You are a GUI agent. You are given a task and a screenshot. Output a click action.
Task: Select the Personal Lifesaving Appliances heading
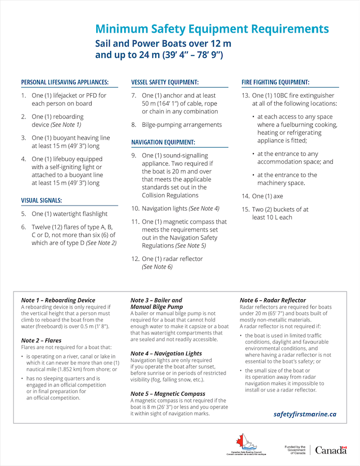[x=65, y=82]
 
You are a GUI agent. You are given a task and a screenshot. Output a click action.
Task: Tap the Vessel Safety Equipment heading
[x=165, y=82]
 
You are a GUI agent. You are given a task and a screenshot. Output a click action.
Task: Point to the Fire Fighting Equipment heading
[x=275, y=82]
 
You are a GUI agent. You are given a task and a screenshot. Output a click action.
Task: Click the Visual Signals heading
[x=42, y=200]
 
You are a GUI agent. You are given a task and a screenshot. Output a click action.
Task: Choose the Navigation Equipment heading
[x=163, y=142]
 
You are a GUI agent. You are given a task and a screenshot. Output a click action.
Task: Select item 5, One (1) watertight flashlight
[x=69, y=214]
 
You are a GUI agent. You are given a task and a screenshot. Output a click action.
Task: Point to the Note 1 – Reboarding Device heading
[x=58, y=300]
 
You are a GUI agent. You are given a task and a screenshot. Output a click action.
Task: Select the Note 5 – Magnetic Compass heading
[x=168, y=394]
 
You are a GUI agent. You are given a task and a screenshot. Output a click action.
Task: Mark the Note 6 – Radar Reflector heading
[x=273, y=300]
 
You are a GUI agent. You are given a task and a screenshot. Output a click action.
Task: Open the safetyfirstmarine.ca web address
[x=305, y=414]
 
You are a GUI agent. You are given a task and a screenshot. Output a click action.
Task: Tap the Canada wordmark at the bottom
[x=331, y=450]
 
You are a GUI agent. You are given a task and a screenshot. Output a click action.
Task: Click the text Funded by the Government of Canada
[x=295, y=450]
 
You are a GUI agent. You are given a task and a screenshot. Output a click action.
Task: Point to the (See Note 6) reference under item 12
[x=157, y=267]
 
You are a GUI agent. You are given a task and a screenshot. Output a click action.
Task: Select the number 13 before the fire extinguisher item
[x=245, y=96]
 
